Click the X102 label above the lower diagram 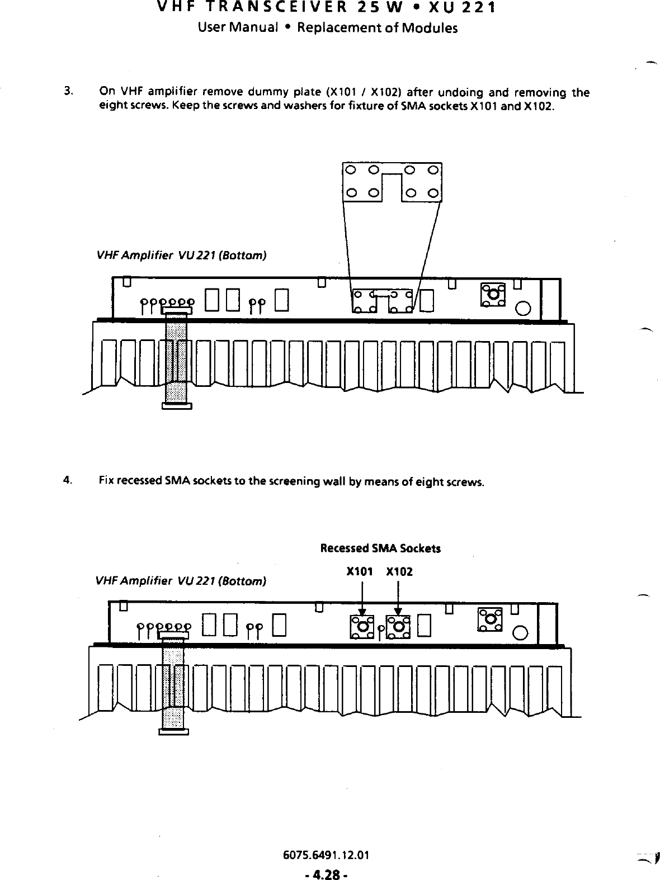[399, 572]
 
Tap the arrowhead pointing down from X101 [362, 612]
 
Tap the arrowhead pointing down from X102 [398, 612]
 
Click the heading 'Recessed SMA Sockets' [380, 548]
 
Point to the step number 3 [67, 90]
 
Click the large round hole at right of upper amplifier [524, 309]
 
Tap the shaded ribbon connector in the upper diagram [176, 358]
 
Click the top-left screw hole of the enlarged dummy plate [350, 170]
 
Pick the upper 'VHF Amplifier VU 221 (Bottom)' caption [181, 256]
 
